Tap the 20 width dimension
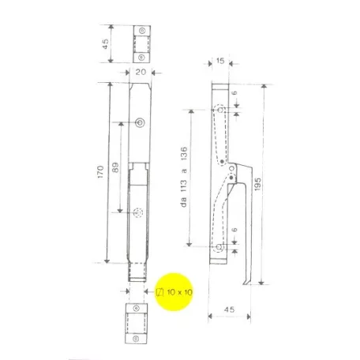coord(140,70)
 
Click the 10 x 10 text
coord(182,292)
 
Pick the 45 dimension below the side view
coord(230,309)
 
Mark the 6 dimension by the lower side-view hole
coord(236,231)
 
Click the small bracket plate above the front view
coord(140,44)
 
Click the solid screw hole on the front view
coord(141,122)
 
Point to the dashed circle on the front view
coord(138,213)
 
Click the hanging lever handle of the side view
coord(248,229)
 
